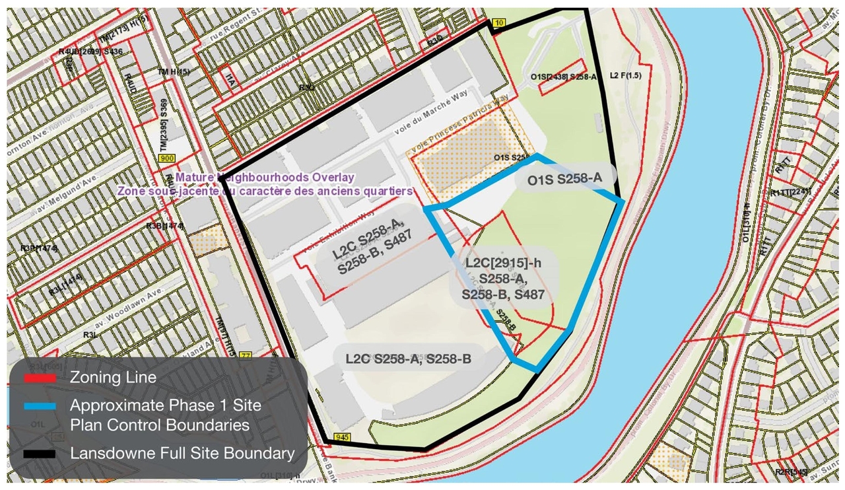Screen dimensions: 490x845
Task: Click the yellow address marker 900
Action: pos(166,158)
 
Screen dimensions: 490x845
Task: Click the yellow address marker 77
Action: pos(247,356)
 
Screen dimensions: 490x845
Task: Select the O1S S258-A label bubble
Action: pos(565,179)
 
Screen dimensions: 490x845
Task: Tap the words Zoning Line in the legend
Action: pos(113,378)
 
